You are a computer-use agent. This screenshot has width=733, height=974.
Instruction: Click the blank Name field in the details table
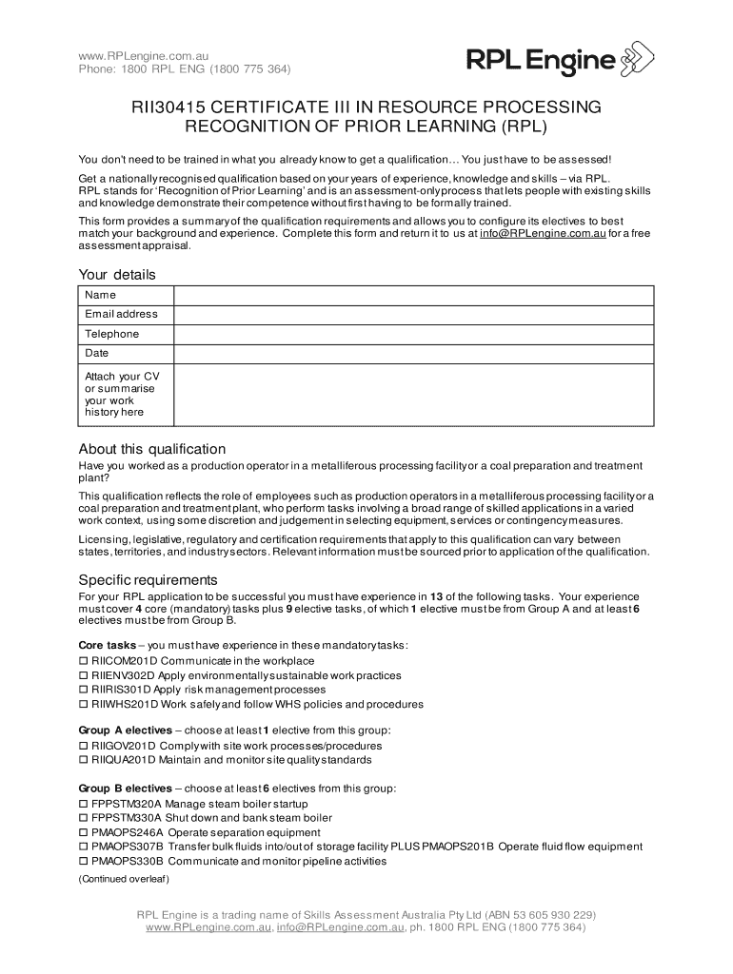pos(413,295)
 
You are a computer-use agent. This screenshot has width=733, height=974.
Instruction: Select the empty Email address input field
pos(413,314)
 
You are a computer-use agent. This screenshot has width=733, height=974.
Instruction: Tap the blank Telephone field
pos(413,334)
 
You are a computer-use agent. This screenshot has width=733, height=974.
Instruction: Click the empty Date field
pos(413,354)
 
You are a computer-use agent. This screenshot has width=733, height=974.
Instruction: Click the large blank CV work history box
pos(413,394)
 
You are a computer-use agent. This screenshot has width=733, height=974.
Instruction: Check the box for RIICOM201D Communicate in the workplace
pos(83,661)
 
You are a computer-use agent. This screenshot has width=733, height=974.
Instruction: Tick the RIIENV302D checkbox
pos(83,675)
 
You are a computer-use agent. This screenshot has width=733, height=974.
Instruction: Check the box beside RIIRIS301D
pos(83,690)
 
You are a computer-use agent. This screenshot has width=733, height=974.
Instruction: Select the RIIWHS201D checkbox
pos(83,705)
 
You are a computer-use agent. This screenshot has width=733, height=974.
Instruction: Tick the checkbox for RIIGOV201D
pos(83,746)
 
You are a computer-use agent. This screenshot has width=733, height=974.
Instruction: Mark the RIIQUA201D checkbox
pos(83,760)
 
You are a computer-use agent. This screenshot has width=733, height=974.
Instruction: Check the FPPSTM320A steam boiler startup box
pos(83,804)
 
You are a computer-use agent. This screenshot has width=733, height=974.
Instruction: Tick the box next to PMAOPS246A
pos(83,832)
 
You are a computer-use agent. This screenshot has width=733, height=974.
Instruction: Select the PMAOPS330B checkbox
pos(83,862)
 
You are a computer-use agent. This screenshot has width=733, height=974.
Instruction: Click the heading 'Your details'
pos(116,275)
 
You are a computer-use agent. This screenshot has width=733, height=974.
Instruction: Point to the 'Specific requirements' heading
pos(148,580)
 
